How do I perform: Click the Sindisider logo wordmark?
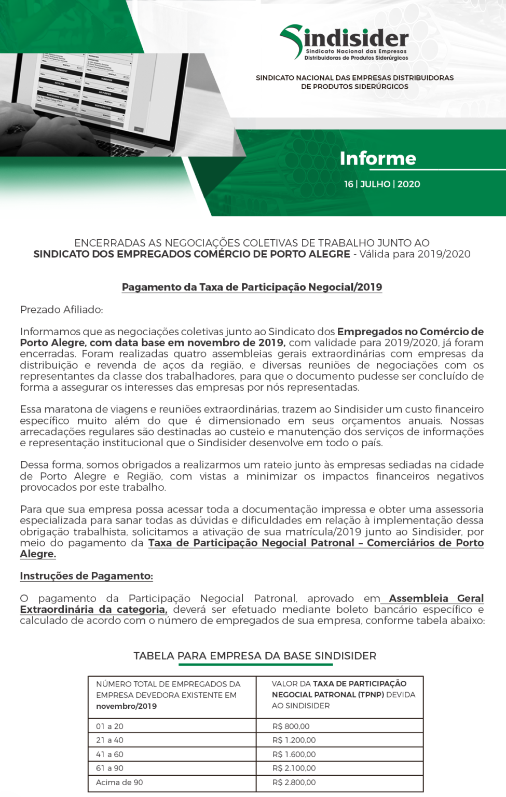[356, 39]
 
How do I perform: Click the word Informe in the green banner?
[378, 158]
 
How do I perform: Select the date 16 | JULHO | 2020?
[382, 184]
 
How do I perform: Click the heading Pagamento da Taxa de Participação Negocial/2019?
[252, 287]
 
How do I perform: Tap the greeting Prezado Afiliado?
[61, 310]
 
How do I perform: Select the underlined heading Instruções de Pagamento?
[86, 576]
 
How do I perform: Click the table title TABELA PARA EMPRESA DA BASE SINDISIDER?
[255, 656]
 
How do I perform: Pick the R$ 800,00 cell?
[291, 726]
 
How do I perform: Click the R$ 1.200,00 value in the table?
[294, 740]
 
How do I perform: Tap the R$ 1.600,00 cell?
[294, 754]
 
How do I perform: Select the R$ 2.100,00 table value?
[294, 768]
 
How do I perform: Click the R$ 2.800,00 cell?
[294, 782]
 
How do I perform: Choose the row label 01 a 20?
[110, 726]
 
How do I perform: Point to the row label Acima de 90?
[119, 782]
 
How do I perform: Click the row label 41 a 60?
[110, 754]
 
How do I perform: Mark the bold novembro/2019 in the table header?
[126, 706]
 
